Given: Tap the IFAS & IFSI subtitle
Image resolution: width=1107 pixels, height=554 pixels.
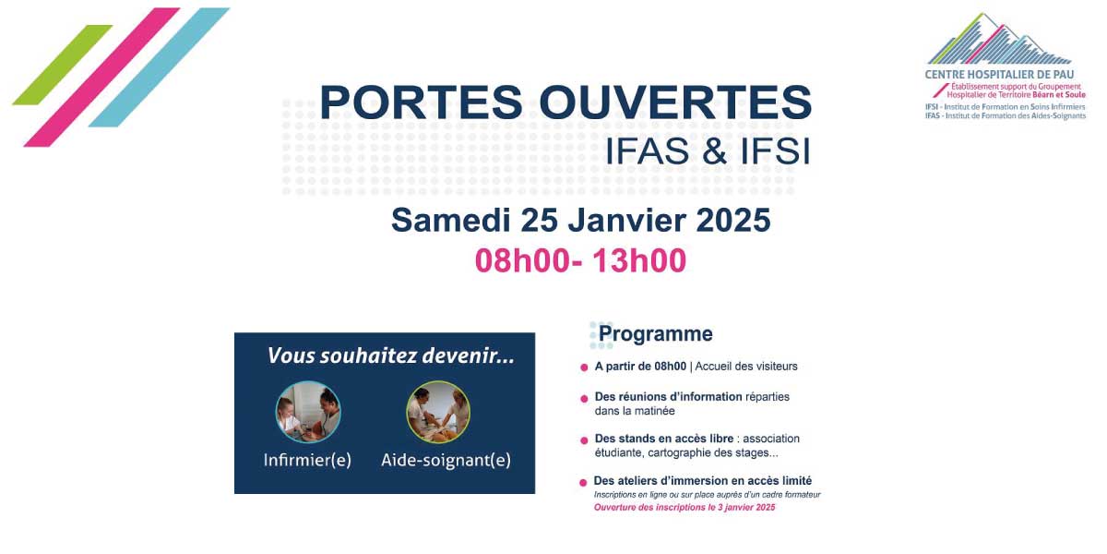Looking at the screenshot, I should (708, 151).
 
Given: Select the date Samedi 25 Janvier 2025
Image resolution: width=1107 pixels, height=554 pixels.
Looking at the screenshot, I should (580, 221).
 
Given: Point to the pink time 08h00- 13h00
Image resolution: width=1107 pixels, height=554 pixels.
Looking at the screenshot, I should (580, 261).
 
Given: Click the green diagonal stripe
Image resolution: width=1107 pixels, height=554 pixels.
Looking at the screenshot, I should (62, 65).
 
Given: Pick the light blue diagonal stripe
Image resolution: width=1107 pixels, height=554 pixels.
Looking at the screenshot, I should (159, 66).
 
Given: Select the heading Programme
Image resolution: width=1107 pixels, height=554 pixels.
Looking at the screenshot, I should (655, 334).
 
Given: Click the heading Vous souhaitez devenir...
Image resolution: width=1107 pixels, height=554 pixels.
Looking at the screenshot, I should (390, 355).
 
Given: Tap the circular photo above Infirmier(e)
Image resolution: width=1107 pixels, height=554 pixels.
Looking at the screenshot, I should (308, 412).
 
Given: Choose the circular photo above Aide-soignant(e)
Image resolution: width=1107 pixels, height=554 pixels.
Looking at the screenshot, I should (438, 412).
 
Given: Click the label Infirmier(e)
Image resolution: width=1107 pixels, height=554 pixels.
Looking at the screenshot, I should (307, 460).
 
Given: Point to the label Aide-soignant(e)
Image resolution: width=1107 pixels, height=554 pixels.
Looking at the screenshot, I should (446, 460).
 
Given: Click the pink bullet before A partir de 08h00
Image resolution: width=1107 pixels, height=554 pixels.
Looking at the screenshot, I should (584, 367).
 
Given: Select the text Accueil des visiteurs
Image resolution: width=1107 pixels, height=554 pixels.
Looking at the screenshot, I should (746, 367).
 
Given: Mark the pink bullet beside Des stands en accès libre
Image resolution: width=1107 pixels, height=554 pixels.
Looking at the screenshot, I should (584, 440).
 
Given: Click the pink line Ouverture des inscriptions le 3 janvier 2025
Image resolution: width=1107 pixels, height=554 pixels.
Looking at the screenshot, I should (684, 508).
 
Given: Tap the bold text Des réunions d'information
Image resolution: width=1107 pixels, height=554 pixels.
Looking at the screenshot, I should (668, 397).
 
